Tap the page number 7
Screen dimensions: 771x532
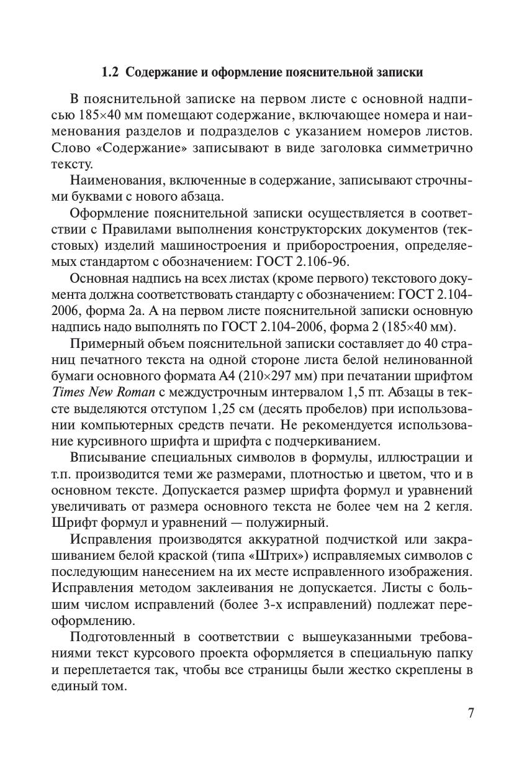click(x=471, y=713)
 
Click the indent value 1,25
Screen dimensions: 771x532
click(x=225, y=409)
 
